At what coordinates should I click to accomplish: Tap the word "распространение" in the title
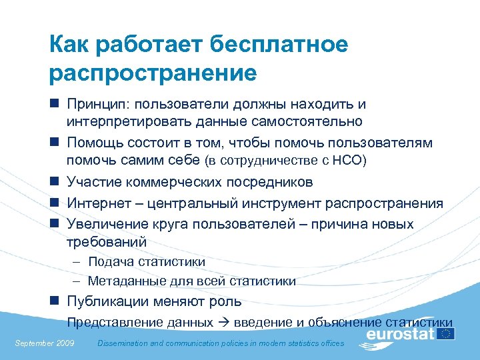(x=153, y=72)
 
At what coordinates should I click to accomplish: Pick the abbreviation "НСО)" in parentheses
(x=352, y=161)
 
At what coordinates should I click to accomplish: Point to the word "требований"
(x=106, y=241)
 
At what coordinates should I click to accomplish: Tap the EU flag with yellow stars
(x=445, y=333)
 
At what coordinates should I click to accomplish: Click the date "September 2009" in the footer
(x=44, y=343)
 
